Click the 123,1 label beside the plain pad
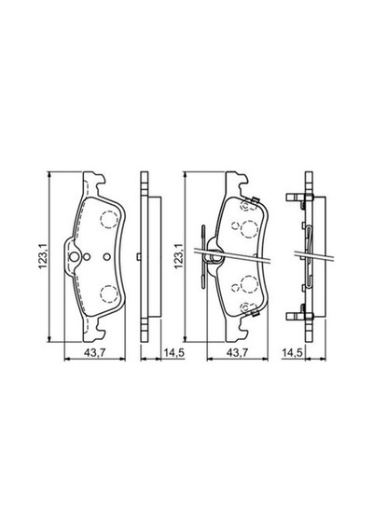click(x=42, y=256)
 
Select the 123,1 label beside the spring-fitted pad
click(x=178, y=256)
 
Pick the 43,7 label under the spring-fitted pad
click(x=238, y=352)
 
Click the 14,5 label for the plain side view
click(x=174, y=352)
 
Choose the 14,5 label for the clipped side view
click(x=292, y=352)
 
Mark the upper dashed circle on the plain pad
click(x=109, y=219)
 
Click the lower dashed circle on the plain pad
click(x=109, y=294)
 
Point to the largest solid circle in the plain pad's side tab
click(x=75, y=257)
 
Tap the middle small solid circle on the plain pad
click(x=87, y=257)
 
